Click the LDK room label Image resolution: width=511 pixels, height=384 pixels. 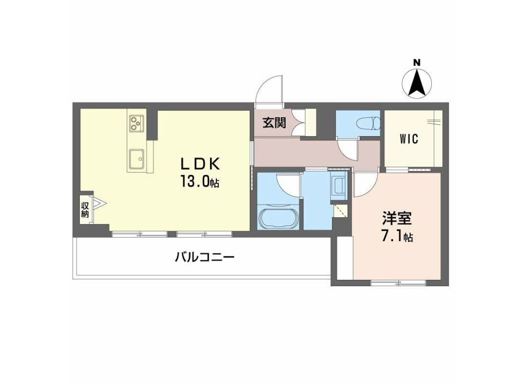coord(200,164)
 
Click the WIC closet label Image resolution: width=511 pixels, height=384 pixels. coord(409,139)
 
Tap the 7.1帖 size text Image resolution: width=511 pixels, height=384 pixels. coord(397,236)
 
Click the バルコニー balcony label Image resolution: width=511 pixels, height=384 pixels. coord(204,258)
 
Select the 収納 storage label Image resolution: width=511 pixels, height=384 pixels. coord(85,210)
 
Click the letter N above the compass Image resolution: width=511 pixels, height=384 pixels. coord(416,62)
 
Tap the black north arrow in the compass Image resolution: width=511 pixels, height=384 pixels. coord(417,83)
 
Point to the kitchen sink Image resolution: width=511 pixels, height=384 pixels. coord(136,158)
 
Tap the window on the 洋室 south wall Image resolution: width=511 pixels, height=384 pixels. coord(398,283)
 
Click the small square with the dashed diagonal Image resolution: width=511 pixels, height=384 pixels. coord(340,210)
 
